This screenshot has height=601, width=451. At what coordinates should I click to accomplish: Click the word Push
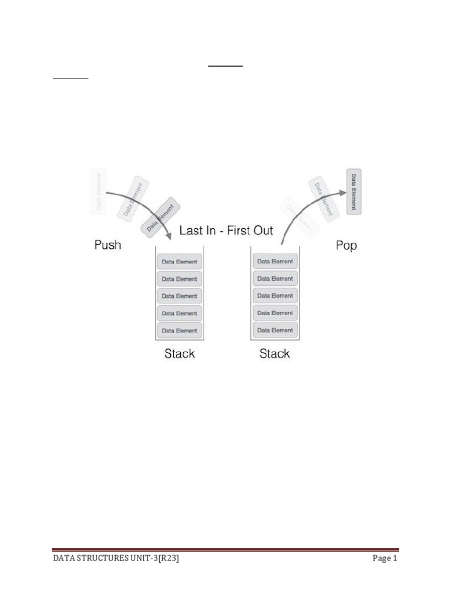coord(107,245)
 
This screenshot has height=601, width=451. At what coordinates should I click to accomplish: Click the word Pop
coord(346,245)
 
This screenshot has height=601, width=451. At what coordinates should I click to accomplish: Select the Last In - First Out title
coord(226,230)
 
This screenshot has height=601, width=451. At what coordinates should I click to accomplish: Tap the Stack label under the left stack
coord(179,354)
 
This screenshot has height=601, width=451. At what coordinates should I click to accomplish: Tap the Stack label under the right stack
coord(274,354)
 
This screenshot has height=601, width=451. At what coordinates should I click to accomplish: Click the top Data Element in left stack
coord(179,262)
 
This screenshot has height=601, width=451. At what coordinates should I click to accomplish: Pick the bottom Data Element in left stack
coord(179,330)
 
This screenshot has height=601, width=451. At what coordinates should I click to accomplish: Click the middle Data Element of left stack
coord(179,296)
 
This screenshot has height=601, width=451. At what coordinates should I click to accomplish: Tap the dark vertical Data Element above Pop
coord(354,191)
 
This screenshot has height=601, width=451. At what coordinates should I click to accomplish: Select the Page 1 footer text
coord(385,559)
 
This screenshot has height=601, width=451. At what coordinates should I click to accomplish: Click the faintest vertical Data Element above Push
coord(99,191)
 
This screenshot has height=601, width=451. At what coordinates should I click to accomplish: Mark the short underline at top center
coord(225,66)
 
